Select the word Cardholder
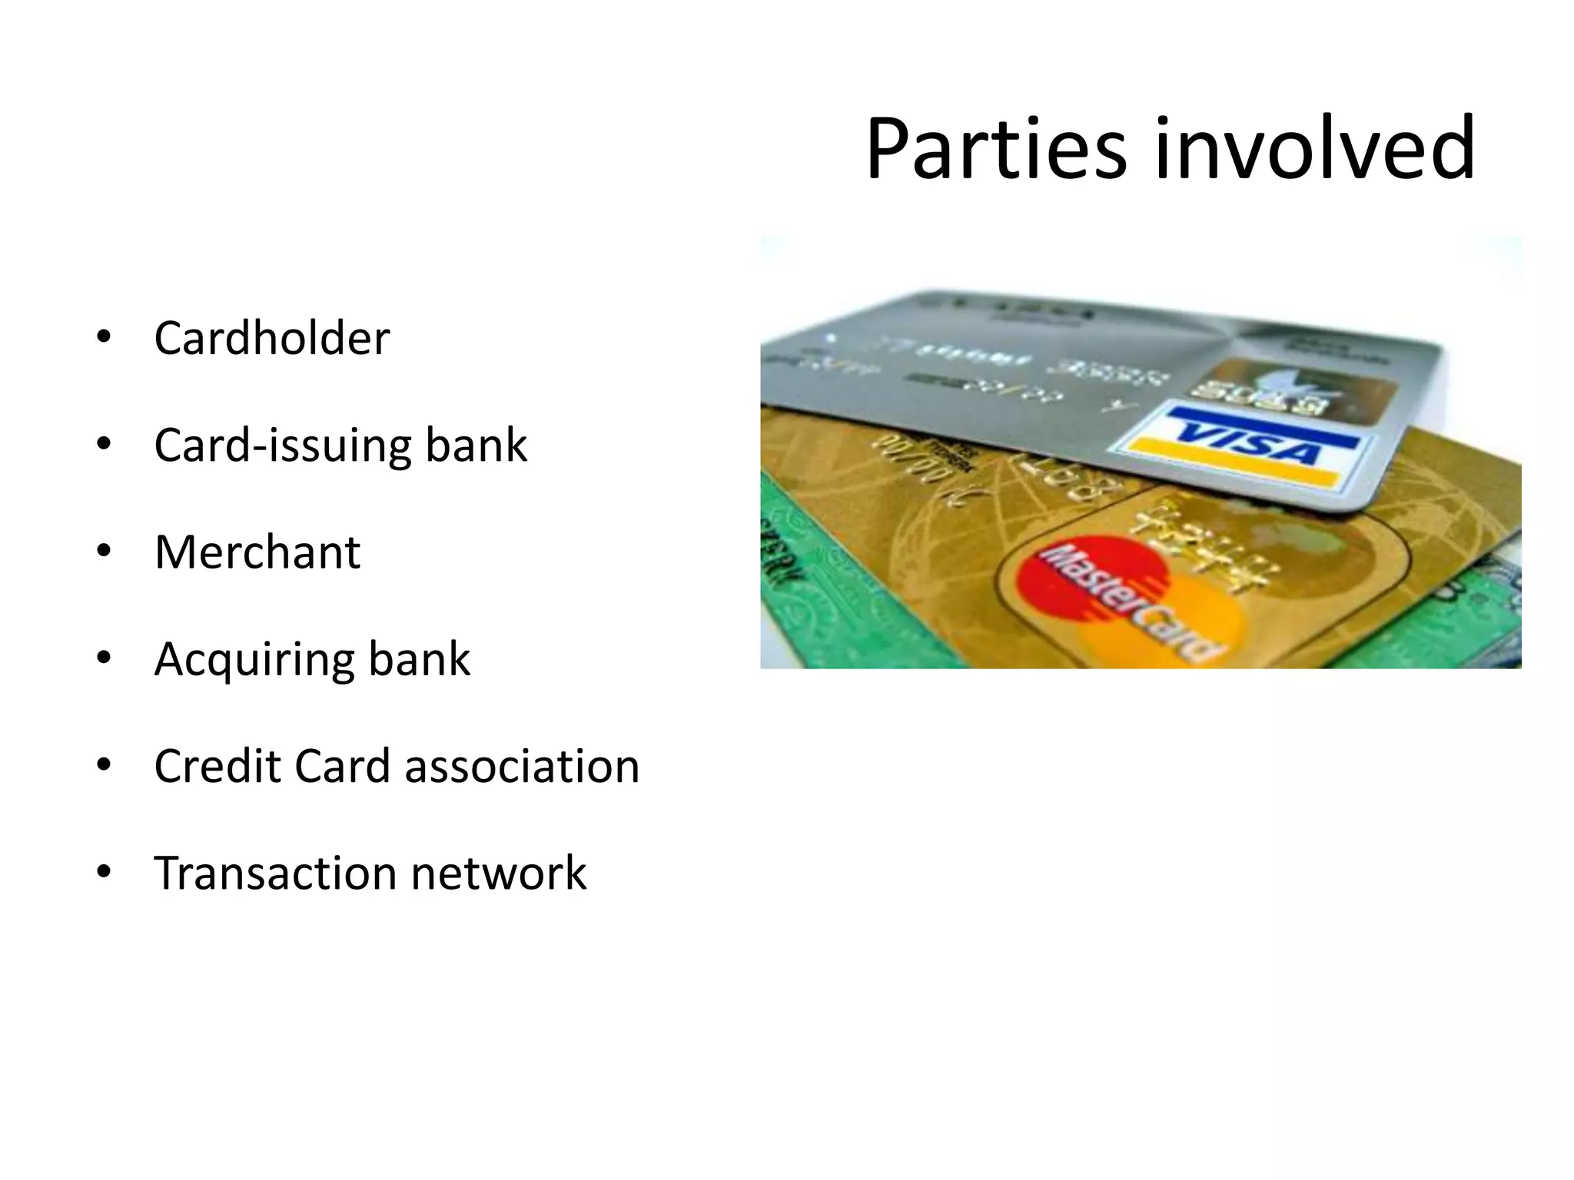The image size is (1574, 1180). [x=271, y=338]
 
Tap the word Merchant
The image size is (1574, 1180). [x=257, y=552]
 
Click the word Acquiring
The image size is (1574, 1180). [x=254, y=659]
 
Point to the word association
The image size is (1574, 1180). [x=522, y=766]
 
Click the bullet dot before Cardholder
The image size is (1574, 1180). [x=104, y=338]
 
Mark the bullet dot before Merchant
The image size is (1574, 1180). [x=104, y=552]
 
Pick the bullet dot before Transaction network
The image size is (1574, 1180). [x=104, y=873]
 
